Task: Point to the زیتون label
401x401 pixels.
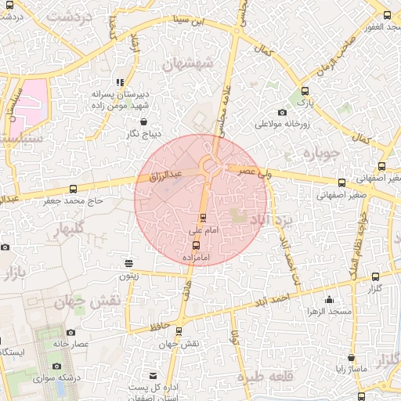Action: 128,275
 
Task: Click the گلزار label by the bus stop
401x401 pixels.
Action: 374,290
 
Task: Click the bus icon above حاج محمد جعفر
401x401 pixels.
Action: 73,189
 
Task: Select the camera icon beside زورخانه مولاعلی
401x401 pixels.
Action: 282,112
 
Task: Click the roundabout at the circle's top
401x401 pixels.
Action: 209,165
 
